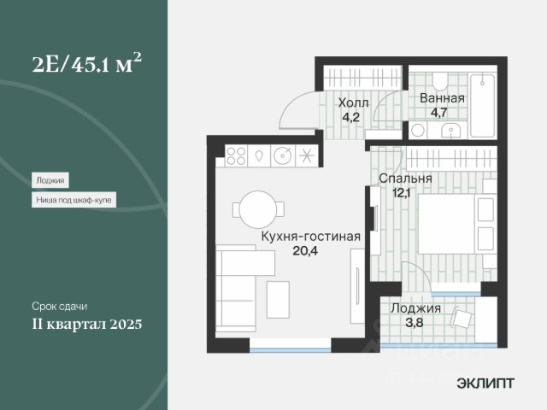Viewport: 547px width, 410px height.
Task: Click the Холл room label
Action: tap(353, 103)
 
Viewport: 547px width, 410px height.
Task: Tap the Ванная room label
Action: tap(442, 98)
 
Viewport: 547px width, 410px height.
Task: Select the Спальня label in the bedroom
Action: tap(405, 179)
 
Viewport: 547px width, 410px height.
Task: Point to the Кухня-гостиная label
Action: tap(311, 237)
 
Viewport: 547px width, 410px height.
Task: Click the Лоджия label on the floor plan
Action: tap(415, 308)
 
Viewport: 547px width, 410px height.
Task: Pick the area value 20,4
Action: tap(305, 250)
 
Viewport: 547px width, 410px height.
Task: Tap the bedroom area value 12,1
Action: tap(401, 192)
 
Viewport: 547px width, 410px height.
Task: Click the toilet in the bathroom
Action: tap(441, 80)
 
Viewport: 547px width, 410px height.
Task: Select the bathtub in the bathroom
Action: tap(482, 105)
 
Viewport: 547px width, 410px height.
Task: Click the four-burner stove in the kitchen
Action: tap(236, 155)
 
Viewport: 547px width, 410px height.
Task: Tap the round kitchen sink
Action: tap(282, 155)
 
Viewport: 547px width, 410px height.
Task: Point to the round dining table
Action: tap(258, 209)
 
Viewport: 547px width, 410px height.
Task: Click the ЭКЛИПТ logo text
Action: tap(485, 384)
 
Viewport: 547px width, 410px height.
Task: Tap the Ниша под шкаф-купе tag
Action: tap(74, 200)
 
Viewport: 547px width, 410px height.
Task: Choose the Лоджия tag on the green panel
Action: tap(50, 180)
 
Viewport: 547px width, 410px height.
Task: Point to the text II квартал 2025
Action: tap(87, 324)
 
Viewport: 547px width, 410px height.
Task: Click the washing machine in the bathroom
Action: tap(418, 131)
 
